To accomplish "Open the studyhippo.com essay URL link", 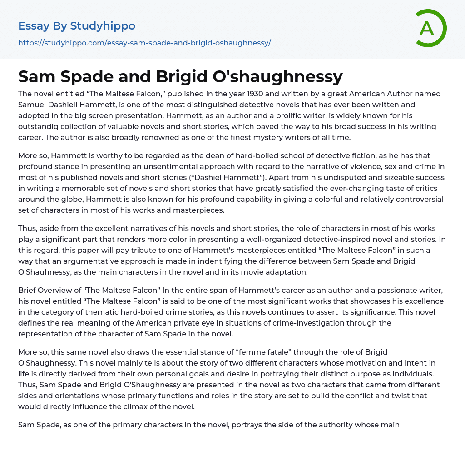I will (x=144, y=43).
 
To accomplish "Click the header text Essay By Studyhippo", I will (x=77, y=26).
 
